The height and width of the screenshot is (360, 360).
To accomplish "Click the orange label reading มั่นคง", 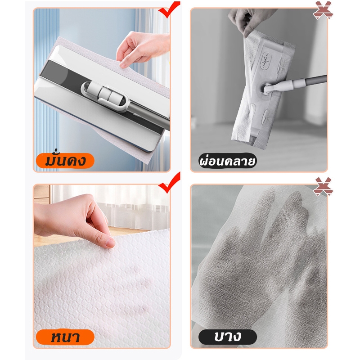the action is tap(65, 161).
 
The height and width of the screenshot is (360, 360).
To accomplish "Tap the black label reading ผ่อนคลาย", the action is tap(227, 161).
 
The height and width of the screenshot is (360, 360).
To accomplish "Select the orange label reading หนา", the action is tap(65, 337).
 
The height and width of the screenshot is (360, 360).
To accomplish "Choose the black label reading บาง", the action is tap(228, 337).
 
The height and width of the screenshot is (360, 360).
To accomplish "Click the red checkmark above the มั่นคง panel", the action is tap(169, 9).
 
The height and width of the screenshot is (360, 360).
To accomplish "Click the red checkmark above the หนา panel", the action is tap(169, 183).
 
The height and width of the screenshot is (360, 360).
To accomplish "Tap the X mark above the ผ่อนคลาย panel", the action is tap(323, 10).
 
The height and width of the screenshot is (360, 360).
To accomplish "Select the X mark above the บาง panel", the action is tap(323, 186).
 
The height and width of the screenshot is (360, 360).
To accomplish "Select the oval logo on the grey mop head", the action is tap(266, 60).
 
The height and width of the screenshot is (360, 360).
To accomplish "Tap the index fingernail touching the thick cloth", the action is tap(110, 243).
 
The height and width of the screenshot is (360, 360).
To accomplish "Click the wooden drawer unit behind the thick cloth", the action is tap(42, 194).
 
